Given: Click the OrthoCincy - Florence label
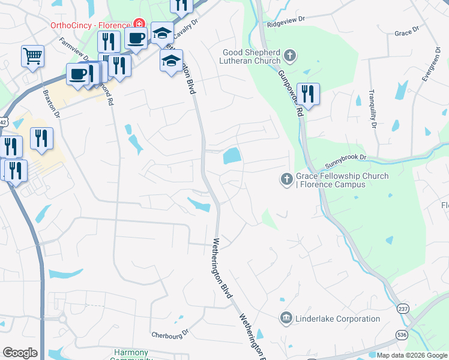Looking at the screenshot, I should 90,26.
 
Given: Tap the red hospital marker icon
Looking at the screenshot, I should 139,24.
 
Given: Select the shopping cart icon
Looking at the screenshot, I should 32,56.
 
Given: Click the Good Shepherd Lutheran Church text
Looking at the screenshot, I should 252,56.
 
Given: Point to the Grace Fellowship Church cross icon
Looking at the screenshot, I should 286,178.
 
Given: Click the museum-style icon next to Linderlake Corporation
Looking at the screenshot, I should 286,317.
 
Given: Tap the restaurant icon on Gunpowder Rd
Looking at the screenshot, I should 308,94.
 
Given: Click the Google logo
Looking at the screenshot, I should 20,353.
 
